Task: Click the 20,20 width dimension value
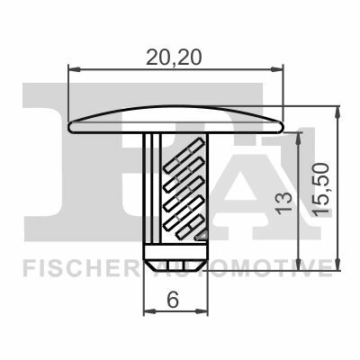pos(174,58)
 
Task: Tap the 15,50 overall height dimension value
pos(320,189)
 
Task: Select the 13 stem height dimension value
pos(283,203)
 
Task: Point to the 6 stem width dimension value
pos(173,301)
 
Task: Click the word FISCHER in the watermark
pos(78,267)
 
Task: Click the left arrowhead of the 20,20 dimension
pos(74,69)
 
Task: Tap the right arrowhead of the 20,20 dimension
pos(277,69)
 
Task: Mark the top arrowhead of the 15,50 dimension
pos(337,112)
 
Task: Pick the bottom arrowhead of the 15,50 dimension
pos(337,264)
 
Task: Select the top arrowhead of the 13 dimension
pos(298,139)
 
